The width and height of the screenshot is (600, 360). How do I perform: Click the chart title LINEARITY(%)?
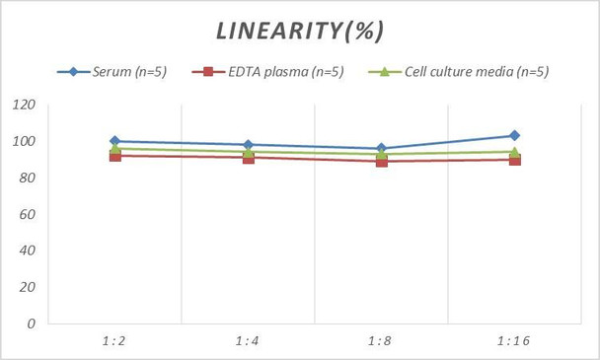click(299, 31)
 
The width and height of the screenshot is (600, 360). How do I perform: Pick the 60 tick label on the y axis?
click(28, 214)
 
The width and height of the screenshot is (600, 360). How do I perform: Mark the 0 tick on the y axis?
click(32, 323)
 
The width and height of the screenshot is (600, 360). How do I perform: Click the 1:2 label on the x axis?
click(114, 339)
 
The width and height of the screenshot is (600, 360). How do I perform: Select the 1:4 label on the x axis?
click(247, 339)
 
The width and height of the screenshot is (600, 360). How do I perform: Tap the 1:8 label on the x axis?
click(380, 339)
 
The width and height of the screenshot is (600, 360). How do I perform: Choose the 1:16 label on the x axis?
click(513, 339)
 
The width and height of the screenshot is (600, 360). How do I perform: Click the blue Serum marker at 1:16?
click(513, 135)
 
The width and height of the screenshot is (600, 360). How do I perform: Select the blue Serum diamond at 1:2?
click(114, 141)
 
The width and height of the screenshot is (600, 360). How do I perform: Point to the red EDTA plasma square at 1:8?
click(380, 161)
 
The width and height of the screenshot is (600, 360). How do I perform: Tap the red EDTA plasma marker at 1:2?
click(114, 155)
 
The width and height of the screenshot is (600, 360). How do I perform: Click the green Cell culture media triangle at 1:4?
click(247, 151)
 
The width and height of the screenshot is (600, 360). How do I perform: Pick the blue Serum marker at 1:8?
click(380, 148)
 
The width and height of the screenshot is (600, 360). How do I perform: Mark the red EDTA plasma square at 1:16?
click(513, 159)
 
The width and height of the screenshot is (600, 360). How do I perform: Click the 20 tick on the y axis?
click(28, 286)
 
